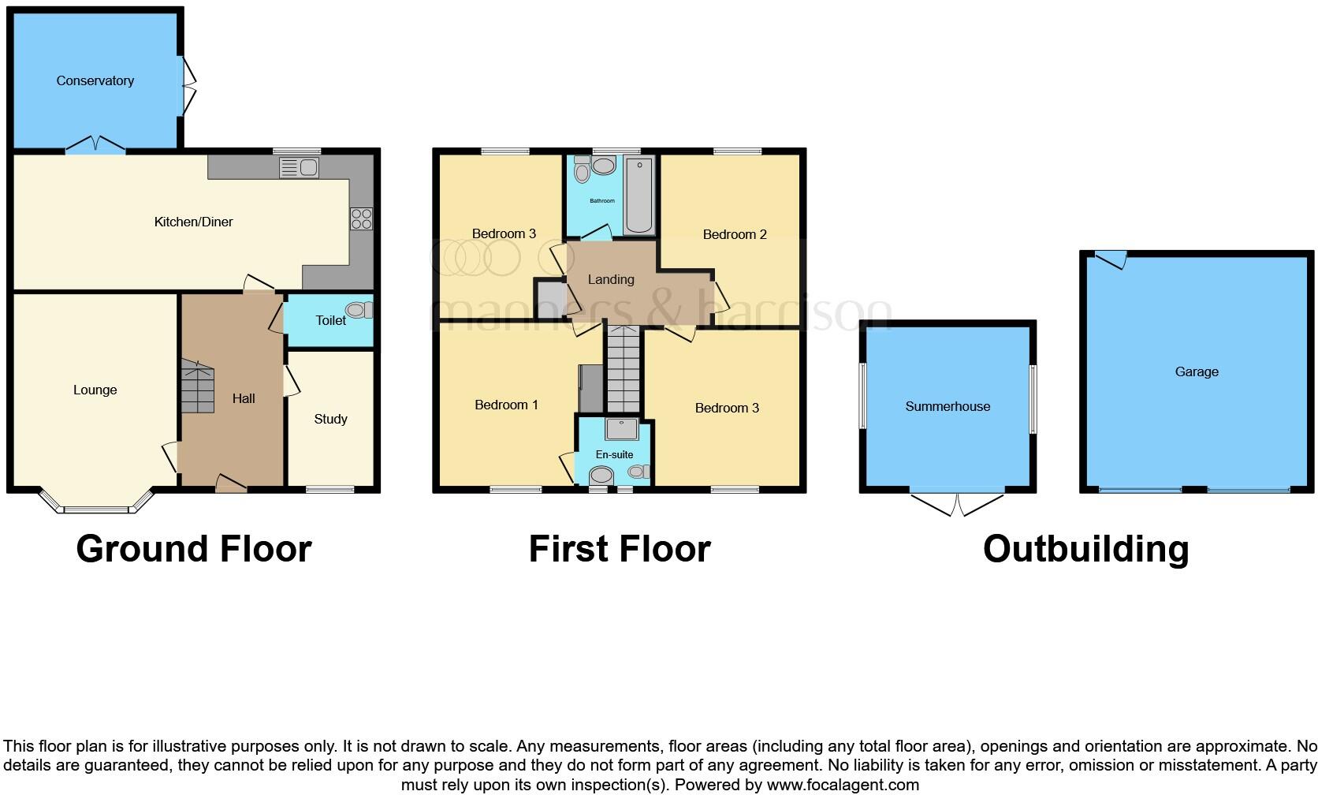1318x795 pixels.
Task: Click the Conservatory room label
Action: tap(95, 80)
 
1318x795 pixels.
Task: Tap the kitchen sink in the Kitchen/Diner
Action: tap(299, 167)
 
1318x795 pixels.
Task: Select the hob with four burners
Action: tap(361, 218)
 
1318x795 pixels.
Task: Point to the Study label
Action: tap(330, 419)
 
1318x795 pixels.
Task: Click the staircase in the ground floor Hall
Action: tap(197, 386)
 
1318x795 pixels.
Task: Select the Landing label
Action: tap(610, 279)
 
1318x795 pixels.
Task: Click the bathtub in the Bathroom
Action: tap(639, 195)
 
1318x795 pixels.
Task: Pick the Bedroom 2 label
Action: tap(734, 234)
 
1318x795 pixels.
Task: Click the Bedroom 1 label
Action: tap(506, 405)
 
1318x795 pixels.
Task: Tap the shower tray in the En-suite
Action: tap(621, 428)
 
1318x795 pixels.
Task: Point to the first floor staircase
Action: tap(623, 371)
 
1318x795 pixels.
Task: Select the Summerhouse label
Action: tap(947, 406)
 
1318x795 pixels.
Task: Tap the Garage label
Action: tap(1196, 371)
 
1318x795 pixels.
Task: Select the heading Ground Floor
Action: tap(194, 549)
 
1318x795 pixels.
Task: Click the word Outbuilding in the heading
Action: tap(1085, 549)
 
